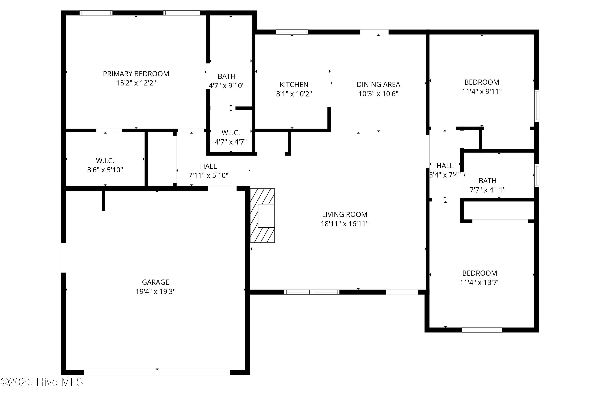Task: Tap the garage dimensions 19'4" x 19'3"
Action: [x=155, y=291]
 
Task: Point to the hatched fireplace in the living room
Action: [x=262, y=216]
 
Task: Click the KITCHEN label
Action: [x=294, y=85]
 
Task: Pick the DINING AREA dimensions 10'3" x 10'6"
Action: [x=378, y=94]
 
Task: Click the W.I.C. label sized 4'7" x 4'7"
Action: [x=231, y=133]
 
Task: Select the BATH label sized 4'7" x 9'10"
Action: [x=226, y=76]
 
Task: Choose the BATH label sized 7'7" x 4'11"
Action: [x=487, y=181]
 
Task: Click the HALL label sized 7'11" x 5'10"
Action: [x=208, y=166]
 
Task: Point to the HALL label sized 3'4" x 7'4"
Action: [x=445, y=166]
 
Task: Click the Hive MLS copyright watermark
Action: [x=42, y=382]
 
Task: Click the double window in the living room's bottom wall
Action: [x=312, y=292]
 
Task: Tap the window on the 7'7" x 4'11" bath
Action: [x=537, y=176]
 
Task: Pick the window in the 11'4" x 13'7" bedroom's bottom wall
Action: [x=482, y=330]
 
